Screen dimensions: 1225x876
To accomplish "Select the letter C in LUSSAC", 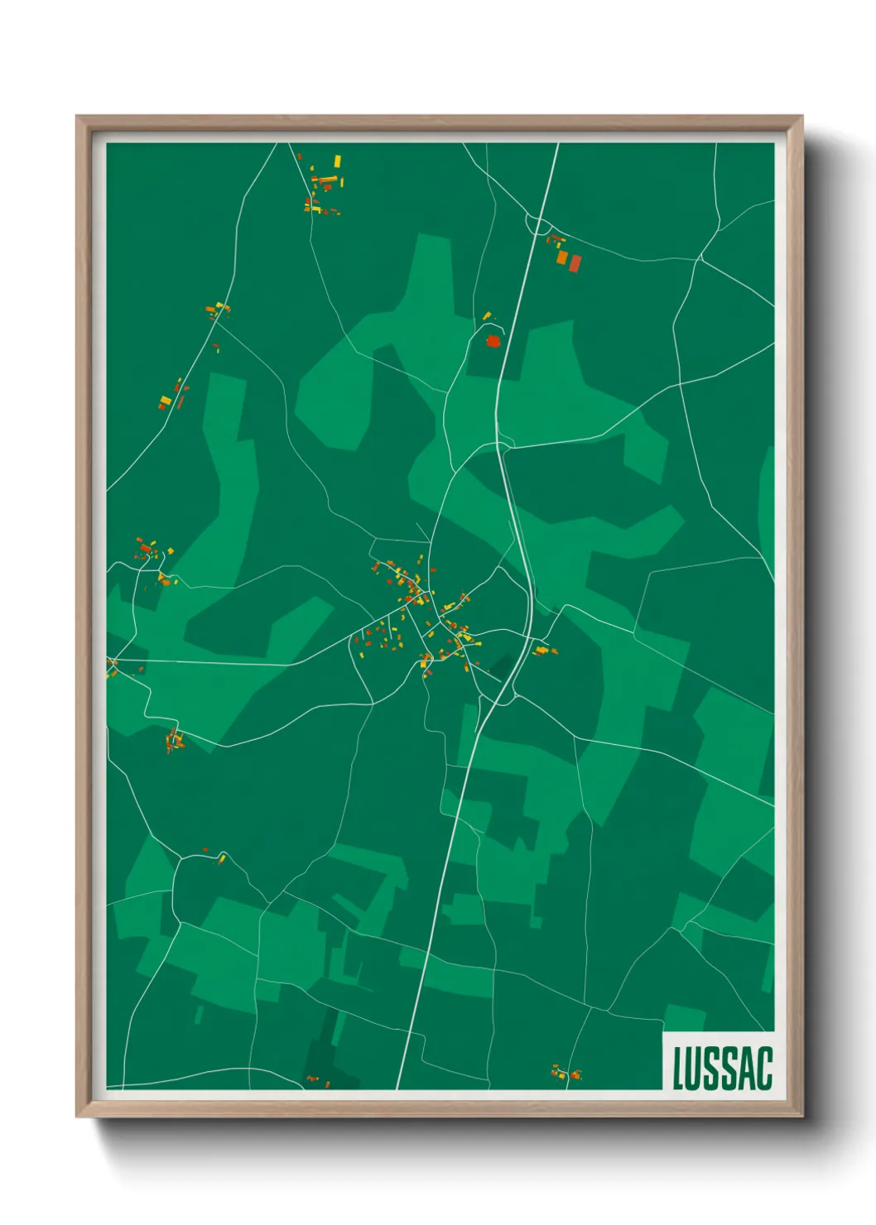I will [764, 1068].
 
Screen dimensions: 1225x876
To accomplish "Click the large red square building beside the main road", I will [493, 340].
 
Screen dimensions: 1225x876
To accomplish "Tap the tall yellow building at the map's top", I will [337, 161].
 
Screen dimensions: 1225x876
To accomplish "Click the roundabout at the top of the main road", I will [538, 224].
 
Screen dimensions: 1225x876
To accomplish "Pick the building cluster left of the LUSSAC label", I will [567, 1074].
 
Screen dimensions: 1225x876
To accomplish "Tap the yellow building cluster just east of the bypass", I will [543, 651].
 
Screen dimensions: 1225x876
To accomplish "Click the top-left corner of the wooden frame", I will [78, 118].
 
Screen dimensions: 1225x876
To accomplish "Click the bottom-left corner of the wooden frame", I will [78, 1115].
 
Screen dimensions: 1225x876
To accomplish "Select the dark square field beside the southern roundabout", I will [502, 666].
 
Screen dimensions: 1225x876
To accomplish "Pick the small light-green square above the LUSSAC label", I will [684, 1017].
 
